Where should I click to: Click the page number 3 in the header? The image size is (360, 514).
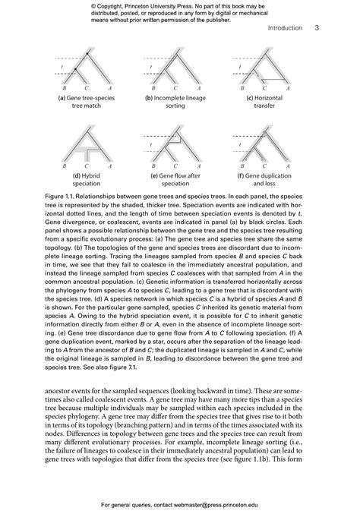(316, 28)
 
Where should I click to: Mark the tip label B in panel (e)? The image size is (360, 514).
(151, 165)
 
